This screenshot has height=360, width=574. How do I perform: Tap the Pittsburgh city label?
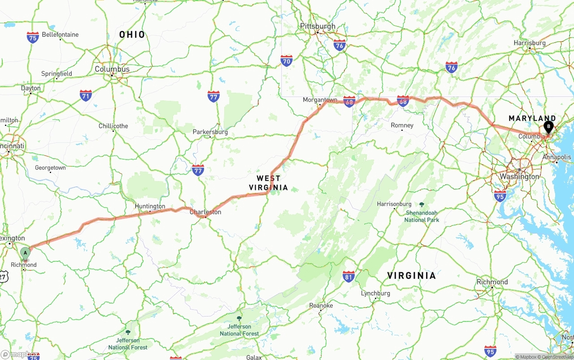[317, 26]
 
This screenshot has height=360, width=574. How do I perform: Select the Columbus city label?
[112, 69]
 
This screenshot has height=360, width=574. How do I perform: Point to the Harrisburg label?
[530, 43]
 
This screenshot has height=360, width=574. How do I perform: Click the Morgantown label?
[320, 100]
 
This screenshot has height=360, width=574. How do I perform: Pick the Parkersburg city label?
[210, 132]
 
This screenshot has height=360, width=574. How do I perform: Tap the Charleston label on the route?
[205, 212]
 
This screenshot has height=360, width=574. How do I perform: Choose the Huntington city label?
[150, 206]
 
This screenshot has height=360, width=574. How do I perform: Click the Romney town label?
[402, 126]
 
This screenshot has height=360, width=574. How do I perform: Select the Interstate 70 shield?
[287, 61]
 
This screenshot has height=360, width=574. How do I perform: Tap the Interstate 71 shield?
[86, 95]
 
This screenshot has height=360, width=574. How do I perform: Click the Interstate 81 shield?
[349, 276]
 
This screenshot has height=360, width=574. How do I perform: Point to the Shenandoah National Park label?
[422, 216]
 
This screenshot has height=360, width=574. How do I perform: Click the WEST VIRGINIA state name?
[269, 183]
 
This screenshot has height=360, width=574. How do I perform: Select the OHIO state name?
[132, 35]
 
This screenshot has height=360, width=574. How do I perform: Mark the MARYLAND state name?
[532, 118]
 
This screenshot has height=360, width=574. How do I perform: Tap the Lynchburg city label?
[375, 294]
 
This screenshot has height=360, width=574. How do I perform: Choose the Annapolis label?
[557, 157]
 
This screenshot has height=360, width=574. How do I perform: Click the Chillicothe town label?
[113, 126]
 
